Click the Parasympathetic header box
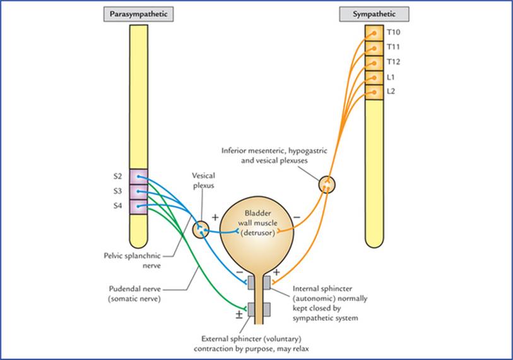click(x=138, y=15)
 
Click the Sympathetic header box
click(x=374, y=15)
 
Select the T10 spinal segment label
click(x=393, y=32)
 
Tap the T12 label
click(x=393, y=62)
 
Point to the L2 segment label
click(x=391, y=92)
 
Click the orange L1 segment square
click(x=374, y=78)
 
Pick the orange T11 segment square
click(x=374, y=49)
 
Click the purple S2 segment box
click(x=139, y=177)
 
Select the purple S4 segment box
click(x=139, y=207)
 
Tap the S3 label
click(x=118, y=191)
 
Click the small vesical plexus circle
click(x=201, y=230)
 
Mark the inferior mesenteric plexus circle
click(x=327, y=185)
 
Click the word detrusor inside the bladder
click(x=258, y=233)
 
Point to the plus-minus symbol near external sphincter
click(x=239, y=315)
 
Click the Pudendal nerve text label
click(x=135, y=289)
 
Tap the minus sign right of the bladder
click(x=297, y=217)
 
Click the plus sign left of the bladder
click(x=215, y=217)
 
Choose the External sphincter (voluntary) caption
click(x=251, y=339)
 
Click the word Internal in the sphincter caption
click(x=307, y=289)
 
